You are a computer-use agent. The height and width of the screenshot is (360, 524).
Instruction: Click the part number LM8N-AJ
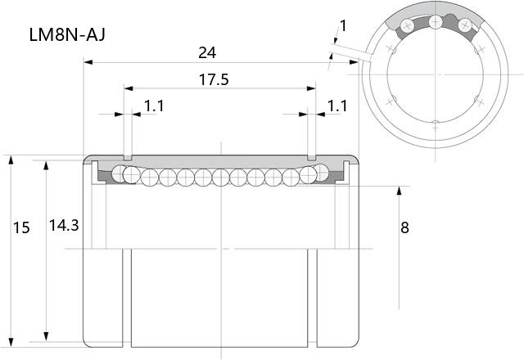click(67, 34)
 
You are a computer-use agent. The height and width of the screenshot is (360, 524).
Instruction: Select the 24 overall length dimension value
click(207, 52)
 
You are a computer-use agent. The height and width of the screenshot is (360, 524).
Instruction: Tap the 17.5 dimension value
click(214, 80)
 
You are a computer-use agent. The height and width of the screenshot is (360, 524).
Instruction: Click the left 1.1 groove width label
click(154, 106)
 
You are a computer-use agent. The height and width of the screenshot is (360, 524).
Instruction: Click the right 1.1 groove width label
click(337, 106)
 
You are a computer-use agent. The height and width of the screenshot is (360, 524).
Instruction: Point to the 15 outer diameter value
click(21, 227)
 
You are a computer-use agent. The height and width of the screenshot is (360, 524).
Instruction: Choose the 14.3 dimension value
click(64, 226)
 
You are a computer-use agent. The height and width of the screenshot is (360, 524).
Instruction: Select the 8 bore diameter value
click(404, 227)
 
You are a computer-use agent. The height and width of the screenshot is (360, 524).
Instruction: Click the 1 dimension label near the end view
click(343, 25)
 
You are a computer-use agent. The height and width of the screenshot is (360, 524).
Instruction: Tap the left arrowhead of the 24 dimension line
click(88, 62)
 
